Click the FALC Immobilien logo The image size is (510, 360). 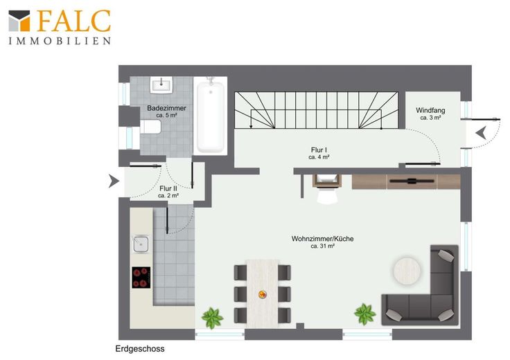pos(60,27)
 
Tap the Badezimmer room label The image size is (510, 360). pos(166,111)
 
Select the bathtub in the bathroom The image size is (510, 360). pos(211,116)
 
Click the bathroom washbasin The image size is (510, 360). pos(161,84)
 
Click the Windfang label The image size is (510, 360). pos(430,114)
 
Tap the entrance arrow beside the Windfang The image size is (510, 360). pos(481,133)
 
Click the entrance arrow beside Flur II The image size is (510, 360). pos(114,181)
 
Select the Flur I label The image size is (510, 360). pos(319,154)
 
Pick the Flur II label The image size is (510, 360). pos(168,192)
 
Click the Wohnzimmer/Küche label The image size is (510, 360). pos(322,242)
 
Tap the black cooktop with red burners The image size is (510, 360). pos(141,278)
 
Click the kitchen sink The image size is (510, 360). pos(141,244)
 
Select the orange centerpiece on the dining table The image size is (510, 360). pos(263,295)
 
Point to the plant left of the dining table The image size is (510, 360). pos(212,318)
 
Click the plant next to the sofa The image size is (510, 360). pos(365,314)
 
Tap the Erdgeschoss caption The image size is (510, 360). pos(140,349)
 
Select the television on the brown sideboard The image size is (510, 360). pos(412,181)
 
